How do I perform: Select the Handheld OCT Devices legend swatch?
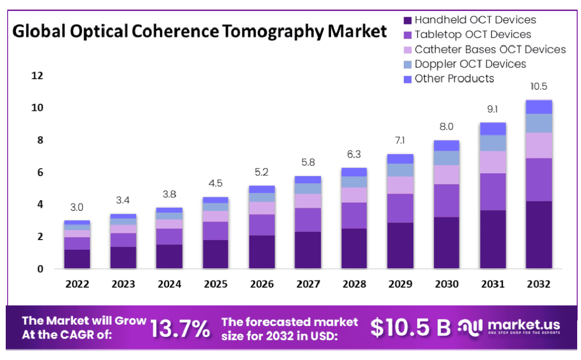(407, 20)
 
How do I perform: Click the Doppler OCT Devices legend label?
(470, 64)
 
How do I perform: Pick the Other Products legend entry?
(454, 79)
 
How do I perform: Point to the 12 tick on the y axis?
(37, 75)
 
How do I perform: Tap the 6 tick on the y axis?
(40, 172)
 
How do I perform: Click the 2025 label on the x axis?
(215, 284)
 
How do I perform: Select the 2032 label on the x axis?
(539, 284)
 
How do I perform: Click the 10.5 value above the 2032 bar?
(538, 86)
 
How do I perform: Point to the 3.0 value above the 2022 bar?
(77, 207)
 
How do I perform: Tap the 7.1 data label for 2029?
(400, 141)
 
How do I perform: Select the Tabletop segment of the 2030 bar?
(446, 201)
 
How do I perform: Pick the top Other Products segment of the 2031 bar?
(493, 129)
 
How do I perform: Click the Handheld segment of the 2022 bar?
(77, 259)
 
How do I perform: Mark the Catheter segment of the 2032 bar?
(539, 145)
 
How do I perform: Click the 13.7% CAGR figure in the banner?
(180, 328)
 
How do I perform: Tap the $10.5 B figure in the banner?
(410, 327)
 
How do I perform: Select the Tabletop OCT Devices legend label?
(473, 35)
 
